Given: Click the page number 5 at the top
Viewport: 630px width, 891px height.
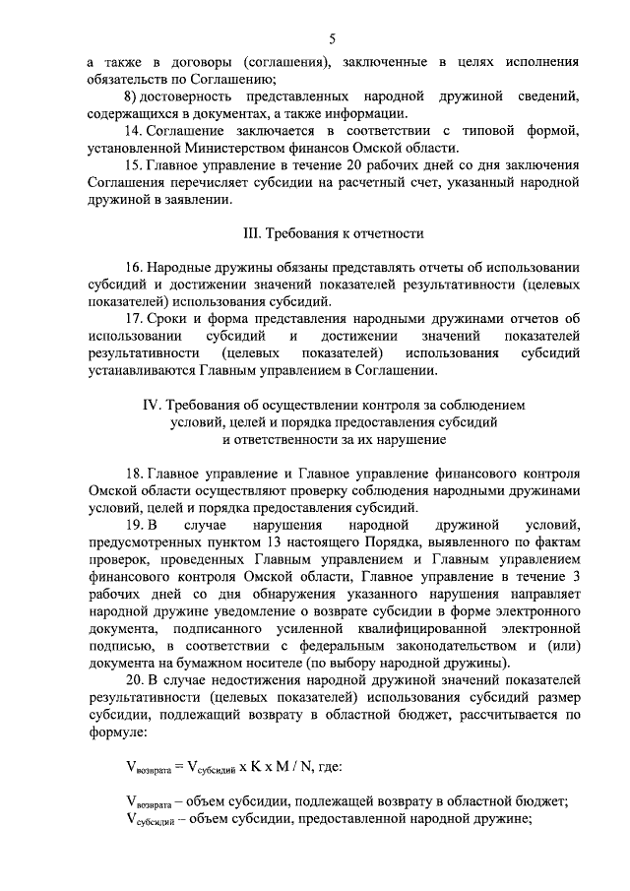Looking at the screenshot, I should [333, 39].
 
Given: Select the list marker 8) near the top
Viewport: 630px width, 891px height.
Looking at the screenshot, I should [131, 97].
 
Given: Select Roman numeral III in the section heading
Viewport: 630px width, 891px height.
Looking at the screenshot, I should [251, 234].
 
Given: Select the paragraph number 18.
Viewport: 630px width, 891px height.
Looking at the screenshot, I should [134, 474].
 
